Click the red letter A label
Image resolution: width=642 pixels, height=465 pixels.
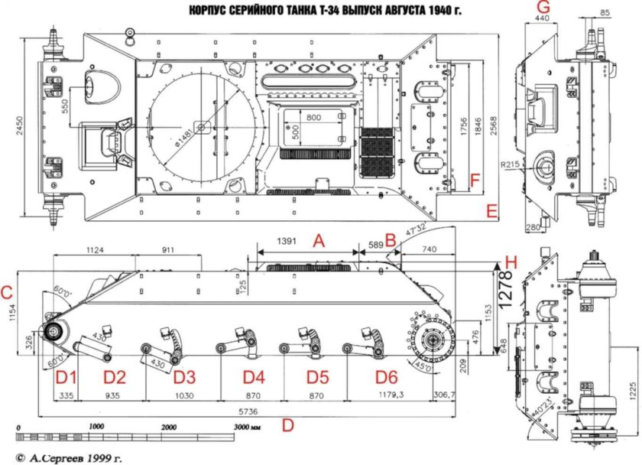tap(320, 241)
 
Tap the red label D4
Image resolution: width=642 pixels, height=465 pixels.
tap(254, 376)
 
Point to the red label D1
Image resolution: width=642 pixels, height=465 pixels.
tap(66, 376)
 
